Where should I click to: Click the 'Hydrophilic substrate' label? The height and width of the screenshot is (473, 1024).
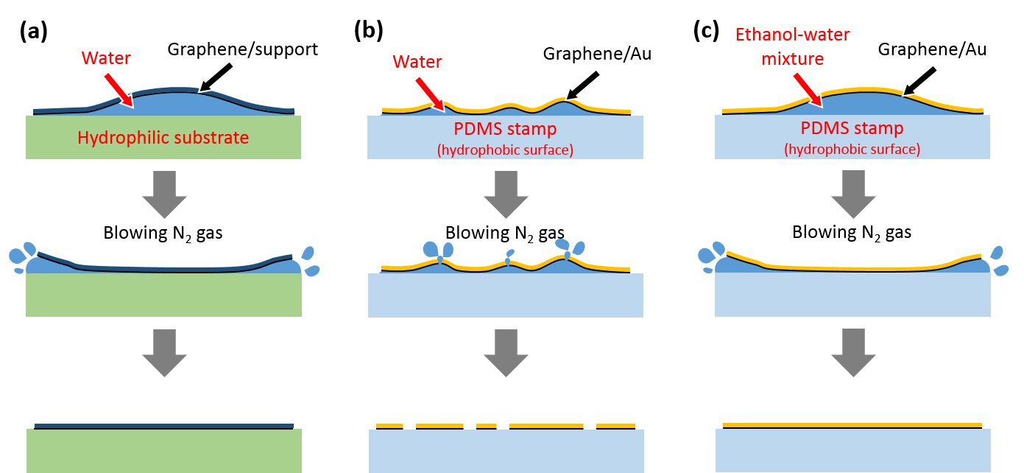163,138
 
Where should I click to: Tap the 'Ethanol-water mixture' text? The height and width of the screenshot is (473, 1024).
793,46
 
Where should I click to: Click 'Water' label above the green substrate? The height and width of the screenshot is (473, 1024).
106,58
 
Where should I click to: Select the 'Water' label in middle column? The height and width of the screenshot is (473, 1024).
417,61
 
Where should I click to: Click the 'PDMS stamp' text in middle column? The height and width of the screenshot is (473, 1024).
505,130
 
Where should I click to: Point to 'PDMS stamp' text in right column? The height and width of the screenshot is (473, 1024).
852,128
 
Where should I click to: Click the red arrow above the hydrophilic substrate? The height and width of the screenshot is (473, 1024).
119,91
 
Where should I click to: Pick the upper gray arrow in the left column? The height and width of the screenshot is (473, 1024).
163,195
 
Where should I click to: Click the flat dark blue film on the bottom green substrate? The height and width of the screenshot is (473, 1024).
163,426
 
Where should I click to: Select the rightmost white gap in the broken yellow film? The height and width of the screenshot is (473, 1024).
589,426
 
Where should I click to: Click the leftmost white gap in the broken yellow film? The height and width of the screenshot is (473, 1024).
409,426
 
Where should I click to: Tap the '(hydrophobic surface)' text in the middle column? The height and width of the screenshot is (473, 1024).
505,150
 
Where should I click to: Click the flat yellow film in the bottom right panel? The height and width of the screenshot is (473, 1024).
852,425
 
